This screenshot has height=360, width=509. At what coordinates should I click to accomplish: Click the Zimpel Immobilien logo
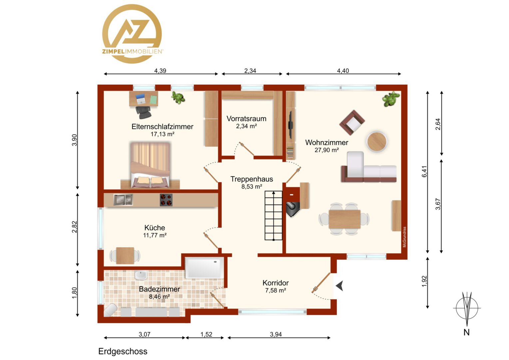pos(132,34)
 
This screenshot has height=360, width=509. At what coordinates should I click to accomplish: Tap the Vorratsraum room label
pos(246,118)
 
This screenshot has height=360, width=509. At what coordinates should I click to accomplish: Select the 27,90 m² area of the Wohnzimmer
pos(326,150)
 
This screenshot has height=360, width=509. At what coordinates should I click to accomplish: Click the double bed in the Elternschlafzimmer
pos(150,165)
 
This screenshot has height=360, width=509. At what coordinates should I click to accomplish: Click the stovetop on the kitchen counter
pos(166,200)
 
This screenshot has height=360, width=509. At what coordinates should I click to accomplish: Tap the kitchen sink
pos(123,200)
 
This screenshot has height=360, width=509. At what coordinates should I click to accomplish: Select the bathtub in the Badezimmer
pos(204,268)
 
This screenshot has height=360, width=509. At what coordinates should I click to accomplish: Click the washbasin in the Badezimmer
pos(141,275)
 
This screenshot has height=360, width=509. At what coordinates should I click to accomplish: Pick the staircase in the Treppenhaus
pos(273,216)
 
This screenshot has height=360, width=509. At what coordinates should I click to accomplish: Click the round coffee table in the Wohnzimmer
pos(376,141)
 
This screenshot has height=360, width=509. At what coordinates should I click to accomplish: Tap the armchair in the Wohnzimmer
pos(352,123)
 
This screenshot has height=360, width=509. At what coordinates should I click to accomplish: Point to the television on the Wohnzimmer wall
pos(290,125)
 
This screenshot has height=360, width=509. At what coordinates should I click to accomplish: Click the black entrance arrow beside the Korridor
pos(340,286)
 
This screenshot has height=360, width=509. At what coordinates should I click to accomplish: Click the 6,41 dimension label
pos(424,171)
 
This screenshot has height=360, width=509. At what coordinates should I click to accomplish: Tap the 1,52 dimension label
pos(206,334)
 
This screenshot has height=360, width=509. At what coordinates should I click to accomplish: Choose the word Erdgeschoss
pos(123,351)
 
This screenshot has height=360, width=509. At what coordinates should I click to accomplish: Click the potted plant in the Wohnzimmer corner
pos(391,99)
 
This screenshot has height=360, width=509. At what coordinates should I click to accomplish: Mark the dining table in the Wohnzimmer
pos(344,219)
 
